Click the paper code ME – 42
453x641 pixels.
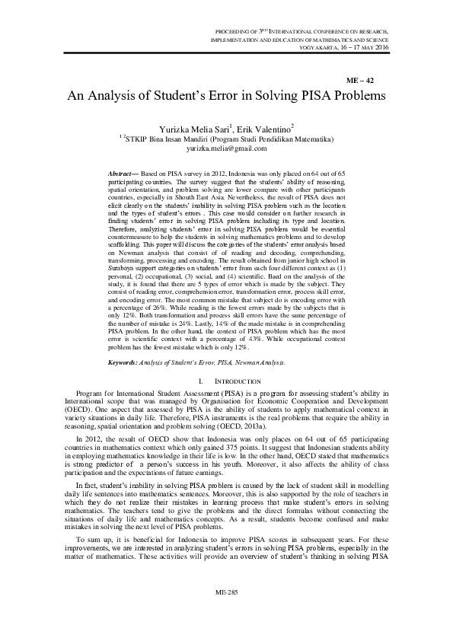click(359, 79)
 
